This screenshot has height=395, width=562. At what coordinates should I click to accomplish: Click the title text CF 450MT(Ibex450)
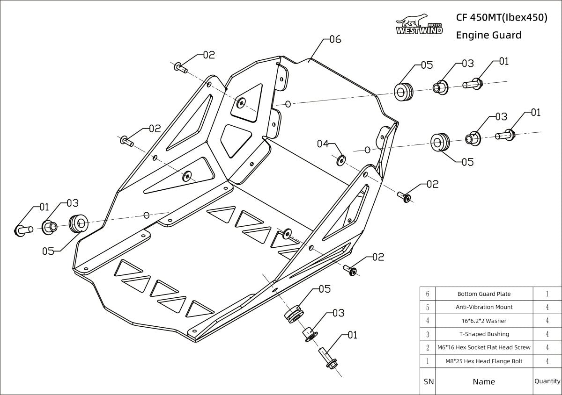point(501,17)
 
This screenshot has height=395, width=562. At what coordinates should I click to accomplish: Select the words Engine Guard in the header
point(488,35)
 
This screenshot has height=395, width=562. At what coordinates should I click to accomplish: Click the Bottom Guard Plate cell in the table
point(484,294)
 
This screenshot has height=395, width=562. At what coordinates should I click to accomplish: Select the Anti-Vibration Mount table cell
point(484,307)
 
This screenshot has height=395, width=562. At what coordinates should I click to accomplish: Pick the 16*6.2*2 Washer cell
point(484,321)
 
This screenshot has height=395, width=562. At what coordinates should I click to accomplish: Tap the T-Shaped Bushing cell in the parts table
point(484,334)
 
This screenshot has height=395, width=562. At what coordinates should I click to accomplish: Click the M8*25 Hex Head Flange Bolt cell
point(484,360)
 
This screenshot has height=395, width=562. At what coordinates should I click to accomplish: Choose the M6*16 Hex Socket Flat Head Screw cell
point(484,347)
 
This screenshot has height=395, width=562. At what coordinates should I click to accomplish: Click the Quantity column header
point(547,381)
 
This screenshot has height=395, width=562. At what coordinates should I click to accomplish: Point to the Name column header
point(484,381)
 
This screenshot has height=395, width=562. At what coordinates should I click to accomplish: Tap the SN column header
point(428,381)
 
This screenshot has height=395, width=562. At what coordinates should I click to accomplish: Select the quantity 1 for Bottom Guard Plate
point(547,294)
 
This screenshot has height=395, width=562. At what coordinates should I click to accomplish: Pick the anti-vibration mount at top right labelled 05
point(403,91)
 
